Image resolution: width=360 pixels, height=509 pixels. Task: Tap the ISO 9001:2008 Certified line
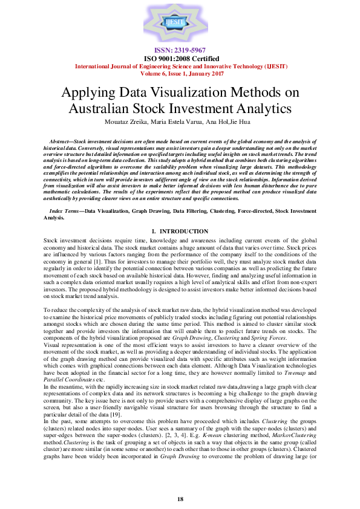[x=180, y=58]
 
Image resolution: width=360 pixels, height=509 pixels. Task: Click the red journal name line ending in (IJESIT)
[x=180, y=66]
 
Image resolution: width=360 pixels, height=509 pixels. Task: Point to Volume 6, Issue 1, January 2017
[x=180, y=73]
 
